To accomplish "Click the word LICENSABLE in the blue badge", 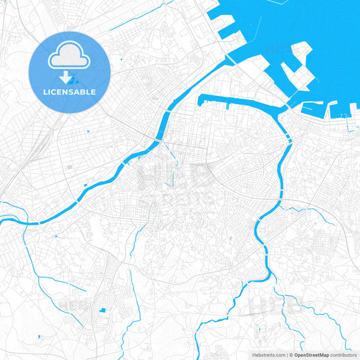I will tap(70, 91).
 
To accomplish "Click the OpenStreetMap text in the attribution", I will tap(311, 355).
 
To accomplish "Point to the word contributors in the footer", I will tap(344, 355).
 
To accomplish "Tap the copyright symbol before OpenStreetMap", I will tap(291, 355).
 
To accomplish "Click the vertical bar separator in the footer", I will tap(286, 355).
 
